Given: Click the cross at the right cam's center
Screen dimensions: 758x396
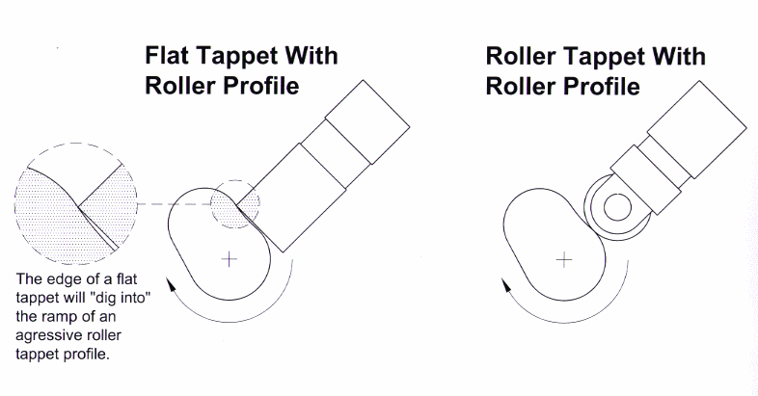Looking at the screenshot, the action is click(564, 258).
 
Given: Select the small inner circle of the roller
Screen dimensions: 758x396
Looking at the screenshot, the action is click(616, 205).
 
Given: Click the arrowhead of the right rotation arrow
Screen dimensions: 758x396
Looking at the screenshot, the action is click(505, 283).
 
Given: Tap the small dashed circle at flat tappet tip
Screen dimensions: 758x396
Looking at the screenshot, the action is click(235, 201).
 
